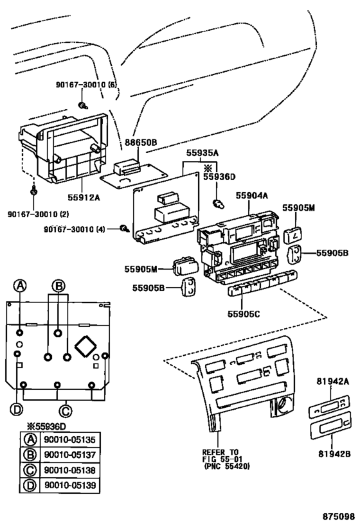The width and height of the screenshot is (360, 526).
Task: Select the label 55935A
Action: [x=203, y=153]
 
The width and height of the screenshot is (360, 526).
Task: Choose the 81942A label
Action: [x=332, y=381]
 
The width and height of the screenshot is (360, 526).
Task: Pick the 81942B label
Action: [x=332, y=454]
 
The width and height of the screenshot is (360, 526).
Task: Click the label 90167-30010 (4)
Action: [x=79, y=229]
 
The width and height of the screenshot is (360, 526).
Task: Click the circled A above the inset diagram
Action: [x=21, y=286]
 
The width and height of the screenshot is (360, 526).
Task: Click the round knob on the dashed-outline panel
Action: [x=280, y=406]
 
